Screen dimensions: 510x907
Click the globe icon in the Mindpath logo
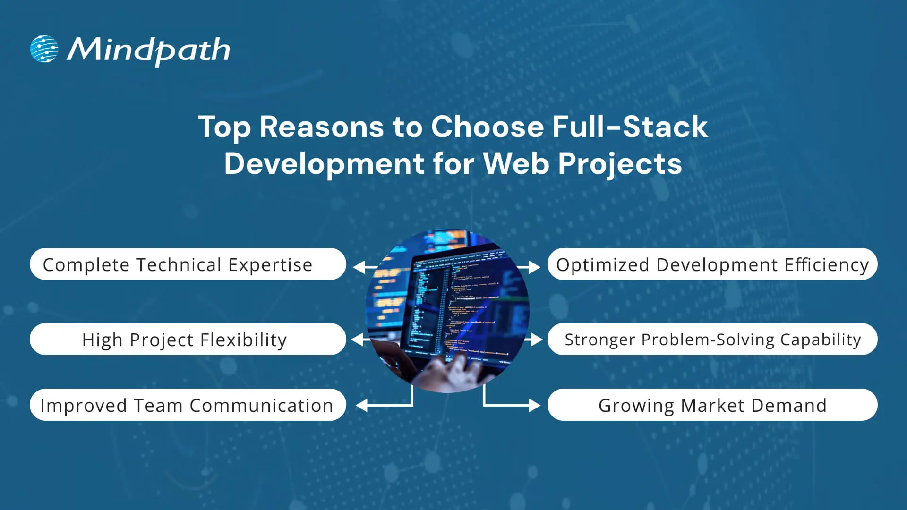pyautogui.click(x=44, y=49)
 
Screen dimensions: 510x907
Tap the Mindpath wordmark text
pyautogui.click(x=148, y=50)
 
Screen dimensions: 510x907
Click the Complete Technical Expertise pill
pyautogui.click(x=188, y=264)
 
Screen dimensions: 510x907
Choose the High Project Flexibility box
pyautogui.click(x=188, y=340)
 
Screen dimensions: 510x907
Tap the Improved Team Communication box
pyautogui.click(x=188, y=405)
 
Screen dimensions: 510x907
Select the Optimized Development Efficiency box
pyautogui.click(x=712, y=264)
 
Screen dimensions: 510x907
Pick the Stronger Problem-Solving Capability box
pyautogui.click(x=712, y=340)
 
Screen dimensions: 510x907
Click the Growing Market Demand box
pyautogui.click(x=712, y=405)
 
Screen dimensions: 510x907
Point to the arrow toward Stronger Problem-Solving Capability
pyautogui.click(x=534, y=340)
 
